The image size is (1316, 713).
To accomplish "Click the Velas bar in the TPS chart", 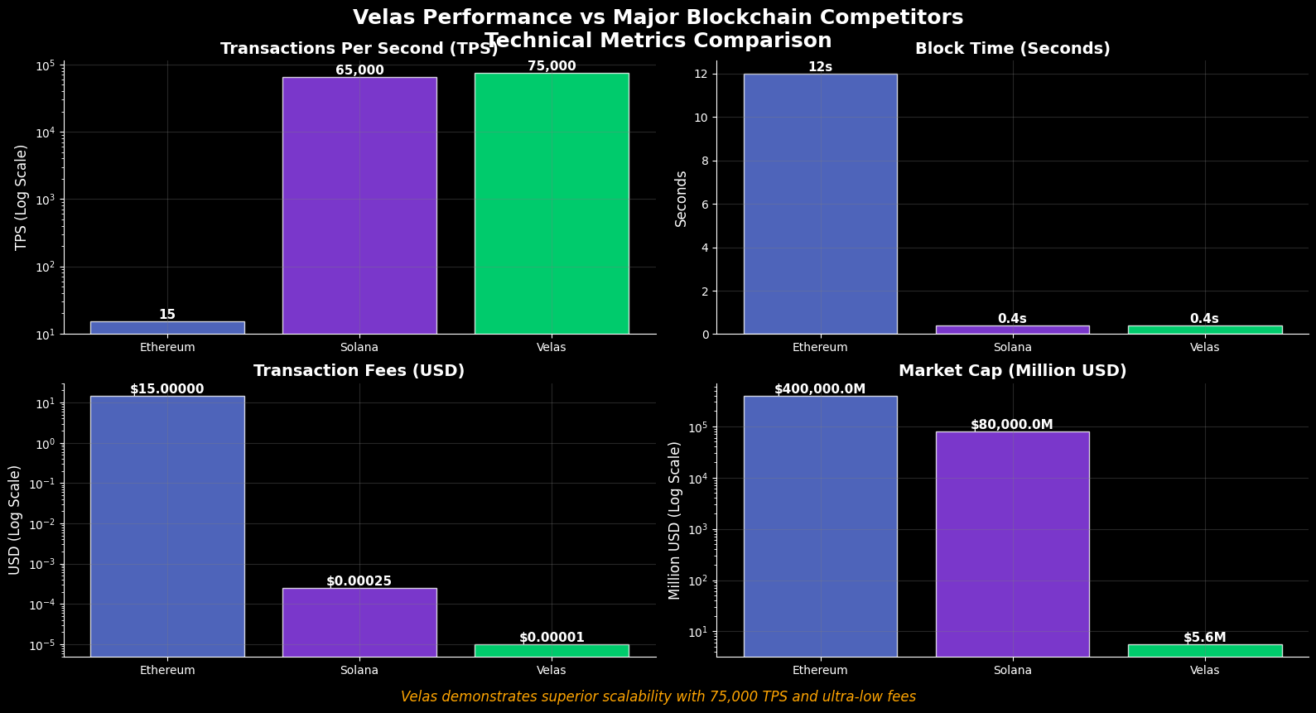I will [551, 203].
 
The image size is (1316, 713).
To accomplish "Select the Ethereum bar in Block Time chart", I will [820, 204].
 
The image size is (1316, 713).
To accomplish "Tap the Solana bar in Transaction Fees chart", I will [359, 622].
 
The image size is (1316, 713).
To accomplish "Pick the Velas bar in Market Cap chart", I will [1204, 650].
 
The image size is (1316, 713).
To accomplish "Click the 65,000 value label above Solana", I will [359, 70].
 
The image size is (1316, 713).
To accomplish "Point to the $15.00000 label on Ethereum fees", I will [167, 389].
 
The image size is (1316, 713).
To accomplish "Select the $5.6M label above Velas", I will [1204, 638].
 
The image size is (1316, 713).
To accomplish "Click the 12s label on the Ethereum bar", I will [820, 67].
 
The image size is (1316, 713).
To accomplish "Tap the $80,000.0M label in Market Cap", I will [1012, 425].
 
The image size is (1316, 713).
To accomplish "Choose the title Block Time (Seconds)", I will [1012, 49].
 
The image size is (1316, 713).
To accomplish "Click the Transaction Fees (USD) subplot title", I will [359, 371].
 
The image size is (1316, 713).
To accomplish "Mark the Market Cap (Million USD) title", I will [1012, 371].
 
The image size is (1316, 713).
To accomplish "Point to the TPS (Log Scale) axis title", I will [22, 197].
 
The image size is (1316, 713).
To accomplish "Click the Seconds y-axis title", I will [681, 199].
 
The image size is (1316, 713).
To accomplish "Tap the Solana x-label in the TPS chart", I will [359, 347].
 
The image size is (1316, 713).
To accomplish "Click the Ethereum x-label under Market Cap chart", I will [820, 670].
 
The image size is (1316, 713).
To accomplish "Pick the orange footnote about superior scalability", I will [658, 696].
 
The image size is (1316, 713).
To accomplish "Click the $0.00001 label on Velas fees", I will [552, 638].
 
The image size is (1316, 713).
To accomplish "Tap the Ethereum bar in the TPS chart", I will [167, 328].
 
